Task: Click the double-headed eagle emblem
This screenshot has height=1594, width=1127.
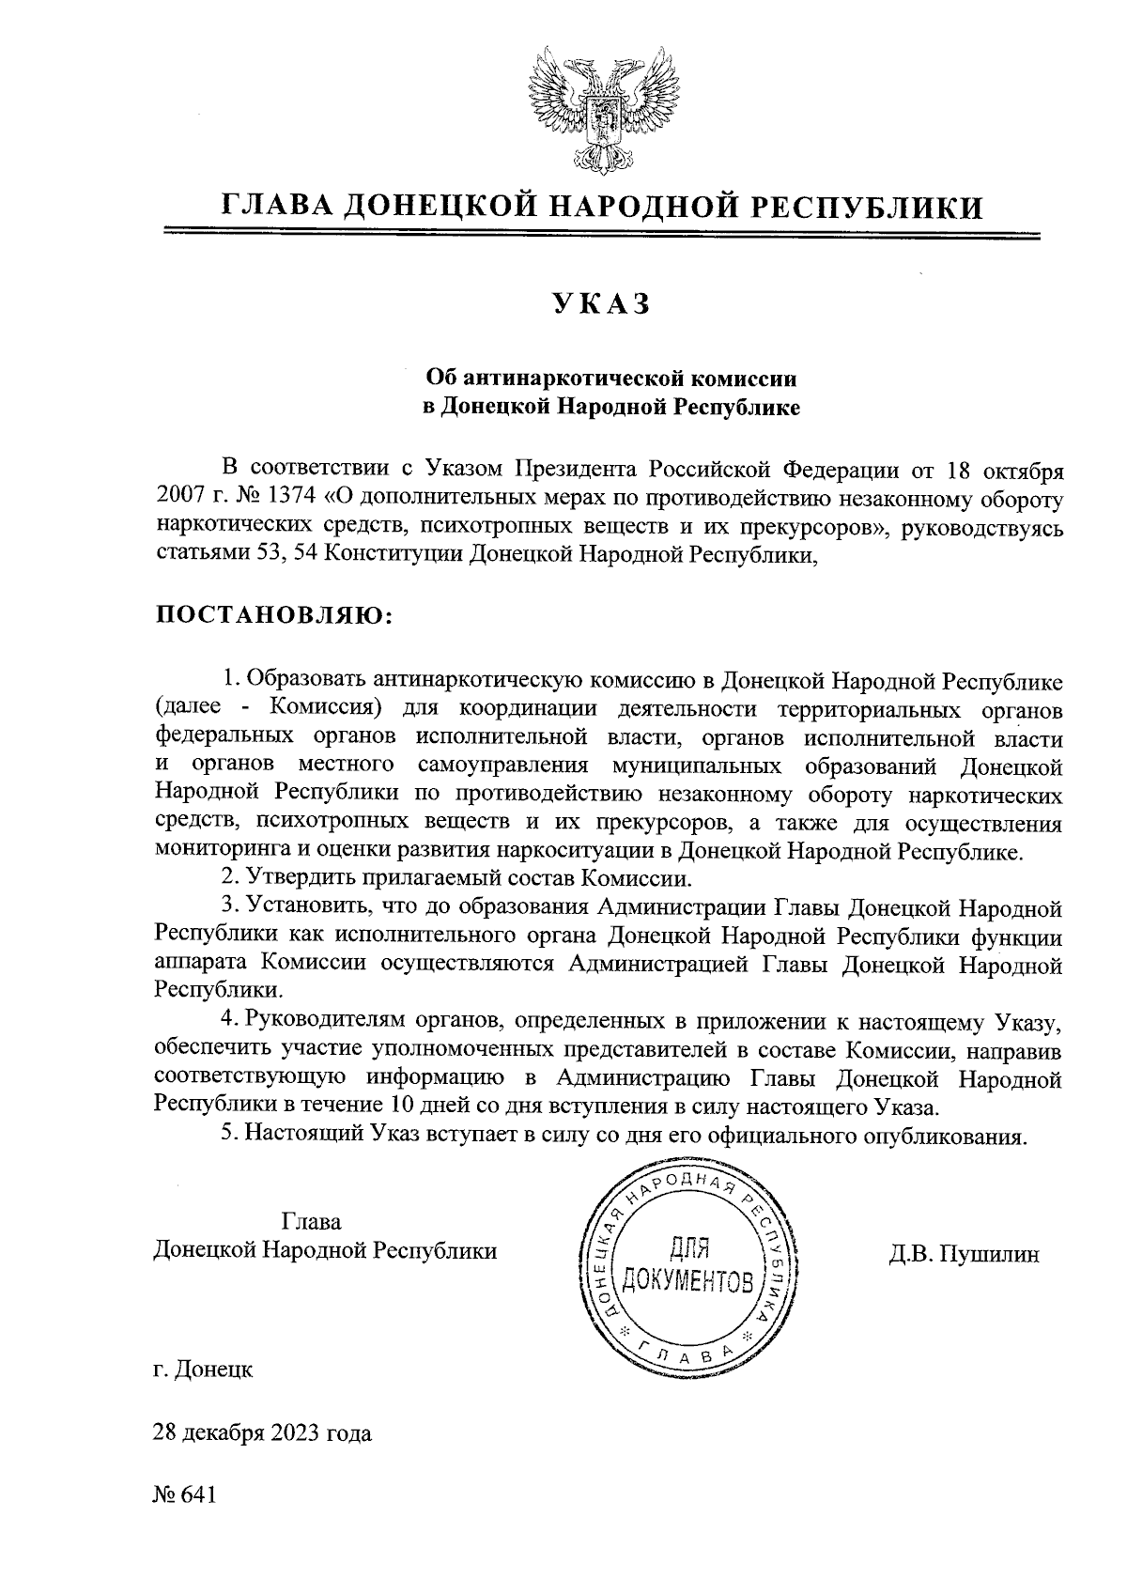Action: pyautogui.click(x=600, y=112)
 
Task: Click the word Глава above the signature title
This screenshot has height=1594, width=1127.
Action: pyautogui.click(x=311, y=1222)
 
